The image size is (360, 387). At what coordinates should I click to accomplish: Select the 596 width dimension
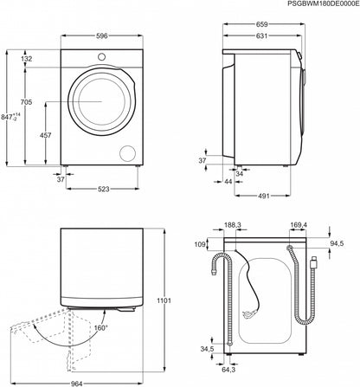[x=102, y=35]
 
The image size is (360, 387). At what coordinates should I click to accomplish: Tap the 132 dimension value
[x=28, y=59]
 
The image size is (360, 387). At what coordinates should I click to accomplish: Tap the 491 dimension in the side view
[x=266, y=197]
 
